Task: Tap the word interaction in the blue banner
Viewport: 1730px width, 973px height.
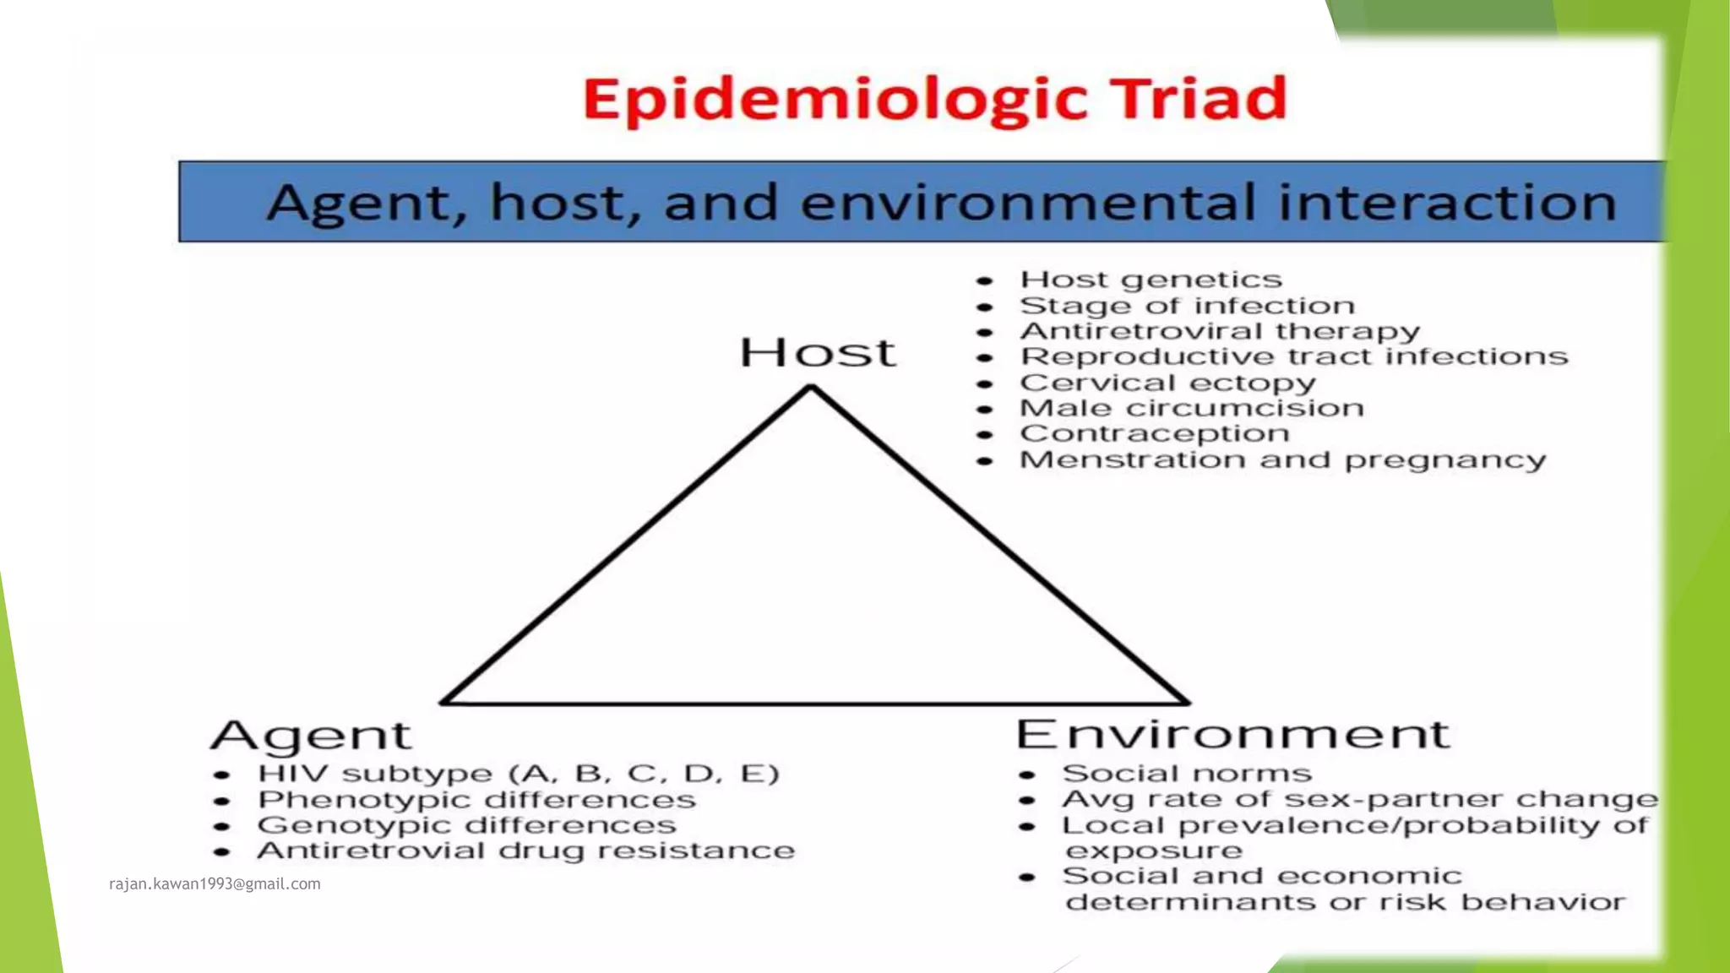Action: [1446, 203]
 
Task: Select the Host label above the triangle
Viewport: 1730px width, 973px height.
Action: [817, 352]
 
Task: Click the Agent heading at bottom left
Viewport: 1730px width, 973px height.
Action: [311, 736]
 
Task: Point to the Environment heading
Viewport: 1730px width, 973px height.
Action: [1232, 734]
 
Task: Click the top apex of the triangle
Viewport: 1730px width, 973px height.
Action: [811, 389]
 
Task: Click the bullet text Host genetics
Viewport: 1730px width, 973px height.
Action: [1151, 280]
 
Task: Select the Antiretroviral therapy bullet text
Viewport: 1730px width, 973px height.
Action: [1220, 331]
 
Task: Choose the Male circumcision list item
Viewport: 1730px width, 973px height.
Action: [1191, 408]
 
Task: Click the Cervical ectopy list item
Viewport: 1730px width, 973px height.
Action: [1167, 383]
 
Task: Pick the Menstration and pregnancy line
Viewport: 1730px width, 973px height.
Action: [1282, 459]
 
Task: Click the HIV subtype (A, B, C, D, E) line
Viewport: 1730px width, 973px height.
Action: [518, 774]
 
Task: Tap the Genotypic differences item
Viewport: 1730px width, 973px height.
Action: [466, 825]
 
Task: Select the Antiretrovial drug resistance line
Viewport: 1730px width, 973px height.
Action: [525, 851]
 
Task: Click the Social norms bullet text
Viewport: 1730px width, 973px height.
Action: [1187, 774]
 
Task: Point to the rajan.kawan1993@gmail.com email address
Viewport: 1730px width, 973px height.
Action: [215, 883]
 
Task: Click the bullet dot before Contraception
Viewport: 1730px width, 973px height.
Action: [984, 435]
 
